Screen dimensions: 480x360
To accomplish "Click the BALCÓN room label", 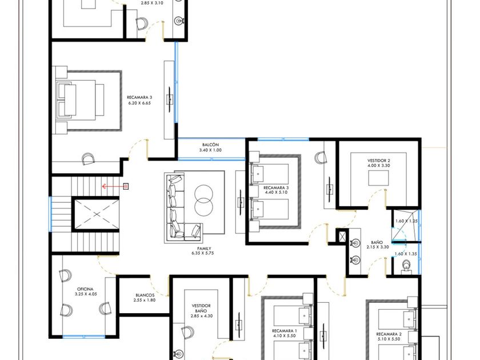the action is [210, 145].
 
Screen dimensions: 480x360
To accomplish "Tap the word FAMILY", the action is [204, 249].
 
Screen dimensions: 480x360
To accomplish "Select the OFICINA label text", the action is [85, 289].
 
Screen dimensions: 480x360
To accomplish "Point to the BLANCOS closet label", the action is [145, 295].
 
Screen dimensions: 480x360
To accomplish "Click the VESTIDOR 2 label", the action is [379, 161].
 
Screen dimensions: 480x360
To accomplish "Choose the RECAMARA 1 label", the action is [285, 331].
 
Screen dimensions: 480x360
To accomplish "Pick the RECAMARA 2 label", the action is [389, 334].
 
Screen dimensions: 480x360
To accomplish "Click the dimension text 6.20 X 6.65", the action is [139, 103].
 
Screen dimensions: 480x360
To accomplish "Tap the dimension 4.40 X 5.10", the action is [276, 192].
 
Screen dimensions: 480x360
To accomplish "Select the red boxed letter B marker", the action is [126, 186].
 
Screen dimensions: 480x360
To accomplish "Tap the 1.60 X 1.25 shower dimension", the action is [406, 221].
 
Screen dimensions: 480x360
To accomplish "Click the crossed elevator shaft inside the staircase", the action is [96, 214].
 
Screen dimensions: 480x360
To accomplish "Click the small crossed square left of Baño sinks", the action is [342, 236].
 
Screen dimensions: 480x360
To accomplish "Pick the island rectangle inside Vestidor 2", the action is [378, 178].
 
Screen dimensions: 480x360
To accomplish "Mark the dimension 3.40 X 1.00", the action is [210, 150].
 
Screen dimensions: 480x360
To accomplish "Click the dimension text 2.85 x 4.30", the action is [201, 316].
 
